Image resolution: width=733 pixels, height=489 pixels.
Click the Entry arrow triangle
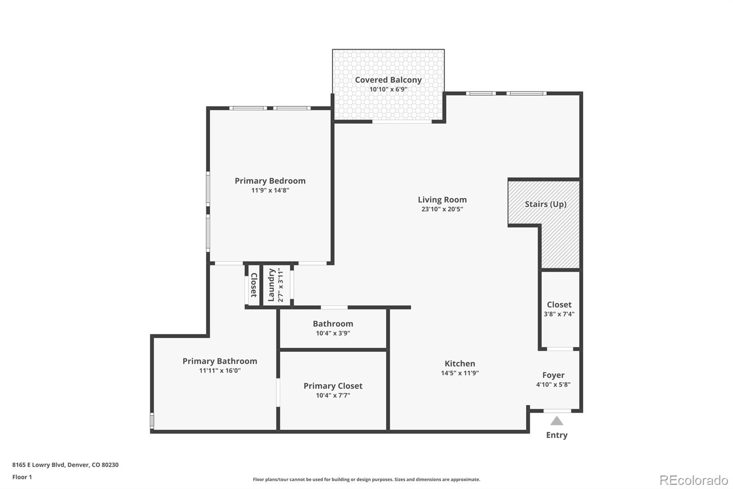point(557,421)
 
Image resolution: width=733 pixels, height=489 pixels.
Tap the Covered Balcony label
point(388,80)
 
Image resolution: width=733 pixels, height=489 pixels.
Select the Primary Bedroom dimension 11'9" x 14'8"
point(270,190)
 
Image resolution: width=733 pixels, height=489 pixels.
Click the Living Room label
point(442,199)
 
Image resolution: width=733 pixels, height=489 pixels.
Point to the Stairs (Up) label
point(546,204)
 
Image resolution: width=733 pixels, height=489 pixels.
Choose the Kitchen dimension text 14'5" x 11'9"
point(460,372)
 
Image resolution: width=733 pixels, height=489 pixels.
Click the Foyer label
point(553,375)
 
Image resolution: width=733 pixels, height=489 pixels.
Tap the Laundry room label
point(271,285)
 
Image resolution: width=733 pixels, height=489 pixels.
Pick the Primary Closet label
point(333,386)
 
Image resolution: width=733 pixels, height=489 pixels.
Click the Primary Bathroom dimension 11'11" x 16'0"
point(220,370)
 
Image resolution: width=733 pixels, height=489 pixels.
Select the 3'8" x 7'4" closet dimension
point(559,314)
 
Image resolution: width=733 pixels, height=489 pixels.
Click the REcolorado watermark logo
point(694,480)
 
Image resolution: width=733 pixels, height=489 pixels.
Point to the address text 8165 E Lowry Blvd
point(39,465)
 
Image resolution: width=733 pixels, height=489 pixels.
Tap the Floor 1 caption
point(22,477)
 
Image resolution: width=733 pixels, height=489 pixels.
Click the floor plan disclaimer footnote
point(366,479)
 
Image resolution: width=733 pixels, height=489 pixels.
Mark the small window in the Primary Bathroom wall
point(152,421)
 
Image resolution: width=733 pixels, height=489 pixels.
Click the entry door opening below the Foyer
point(557,411)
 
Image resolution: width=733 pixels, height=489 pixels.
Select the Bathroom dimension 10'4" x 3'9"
point(333,333)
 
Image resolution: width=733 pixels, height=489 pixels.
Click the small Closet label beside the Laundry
point(254,285)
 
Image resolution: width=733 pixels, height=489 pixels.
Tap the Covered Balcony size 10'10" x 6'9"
point(388,89)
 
